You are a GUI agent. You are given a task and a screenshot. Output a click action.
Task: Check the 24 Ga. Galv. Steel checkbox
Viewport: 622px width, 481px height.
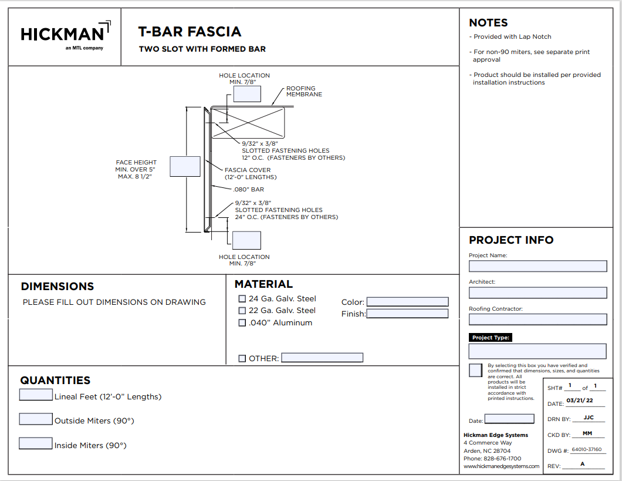[242, 299]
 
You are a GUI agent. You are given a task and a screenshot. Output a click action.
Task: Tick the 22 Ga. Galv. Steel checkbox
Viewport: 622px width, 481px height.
[242, 311]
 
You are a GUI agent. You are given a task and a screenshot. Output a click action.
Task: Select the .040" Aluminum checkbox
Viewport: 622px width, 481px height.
[242, 323]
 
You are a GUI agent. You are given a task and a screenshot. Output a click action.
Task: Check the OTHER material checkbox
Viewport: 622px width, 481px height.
[242, 358]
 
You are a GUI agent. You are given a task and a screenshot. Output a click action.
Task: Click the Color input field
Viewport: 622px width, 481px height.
[407, 302]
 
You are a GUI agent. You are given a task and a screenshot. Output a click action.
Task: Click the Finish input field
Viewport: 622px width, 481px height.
[407, 314]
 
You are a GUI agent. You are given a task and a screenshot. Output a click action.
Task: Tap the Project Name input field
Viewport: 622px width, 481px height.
[538, 266]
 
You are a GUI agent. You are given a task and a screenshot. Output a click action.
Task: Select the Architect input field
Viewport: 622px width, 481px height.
[538, 292]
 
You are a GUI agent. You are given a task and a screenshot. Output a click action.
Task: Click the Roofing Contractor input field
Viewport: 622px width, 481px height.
[538, 319]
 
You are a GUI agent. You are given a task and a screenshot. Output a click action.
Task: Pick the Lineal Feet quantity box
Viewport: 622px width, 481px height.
[36, 395]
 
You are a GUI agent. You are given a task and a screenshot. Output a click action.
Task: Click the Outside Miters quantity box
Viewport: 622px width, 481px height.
[36, 419]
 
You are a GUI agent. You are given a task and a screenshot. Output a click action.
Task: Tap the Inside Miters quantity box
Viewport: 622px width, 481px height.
[36, 443]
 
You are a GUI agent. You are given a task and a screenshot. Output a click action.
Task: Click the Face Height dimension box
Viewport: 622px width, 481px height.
[185, 167]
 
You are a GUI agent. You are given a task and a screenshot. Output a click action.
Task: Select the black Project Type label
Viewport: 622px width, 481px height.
[491, 338]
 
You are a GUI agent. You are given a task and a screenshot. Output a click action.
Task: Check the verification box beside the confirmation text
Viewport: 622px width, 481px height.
[476, 371]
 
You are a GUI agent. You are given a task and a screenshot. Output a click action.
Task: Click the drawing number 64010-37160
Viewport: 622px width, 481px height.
[586, 450]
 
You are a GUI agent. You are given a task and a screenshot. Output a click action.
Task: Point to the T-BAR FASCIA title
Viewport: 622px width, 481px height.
[190, 32]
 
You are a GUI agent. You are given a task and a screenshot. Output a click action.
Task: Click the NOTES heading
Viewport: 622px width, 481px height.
[488, 23]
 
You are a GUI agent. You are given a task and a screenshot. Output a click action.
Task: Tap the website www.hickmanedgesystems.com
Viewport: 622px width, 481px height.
[501, 466]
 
